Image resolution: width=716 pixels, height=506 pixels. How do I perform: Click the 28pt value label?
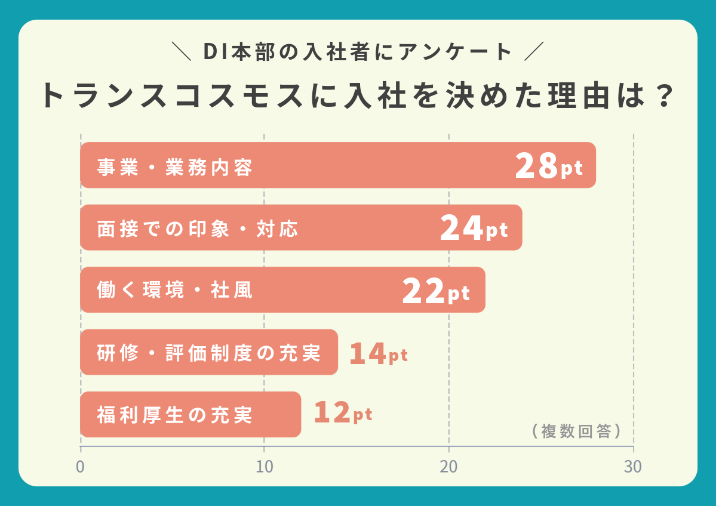click(x=548, y=166)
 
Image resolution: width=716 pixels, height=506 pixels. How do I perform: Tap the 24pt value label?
click(x=474, y=229)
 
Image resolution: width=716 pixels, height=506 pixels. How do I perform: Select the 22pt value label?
click(x=436, y=291)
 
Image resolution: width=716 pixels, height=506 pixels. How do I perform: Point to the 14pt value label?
click(x=379, y=354)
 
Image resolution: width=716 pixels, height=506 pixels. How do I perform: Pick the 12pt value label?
click(x=343, y=414)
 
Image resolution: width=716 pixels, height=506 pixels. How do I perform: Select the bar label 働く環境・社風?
click(x=175, y=291)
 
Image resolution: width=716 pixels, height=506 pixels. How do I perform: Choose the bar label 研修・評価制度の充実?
click(x=209, y=353)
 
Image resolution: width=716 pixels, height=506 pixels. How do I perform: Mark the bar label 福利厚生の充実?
click(x=175, y=415)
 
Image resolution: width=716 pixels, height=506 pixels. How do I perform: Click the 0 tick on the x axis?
click(x=80, y=467)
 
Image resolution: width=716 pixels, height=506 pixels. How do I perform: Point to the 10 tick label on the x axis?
click(x=265, y=467)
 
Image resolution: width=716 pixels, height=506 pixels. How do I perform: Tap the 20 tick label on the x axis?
click(x=448, y=467)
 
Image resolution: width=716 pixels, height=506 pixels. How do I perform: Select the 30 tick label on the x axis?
click(x=633, y=467)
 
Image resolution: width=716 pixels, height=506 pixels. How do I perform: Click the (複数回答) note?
click(x=576, y=431)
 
